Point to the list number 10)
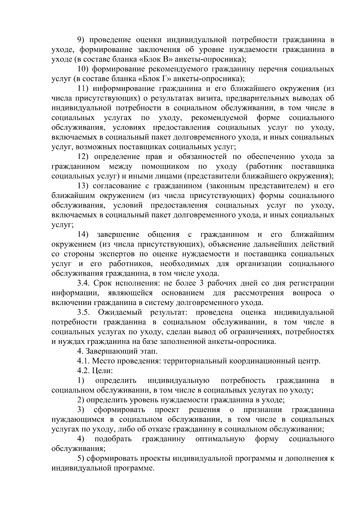82,69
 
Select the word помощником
165,166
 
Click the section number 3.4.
84,283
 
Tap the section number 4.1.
83,361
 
